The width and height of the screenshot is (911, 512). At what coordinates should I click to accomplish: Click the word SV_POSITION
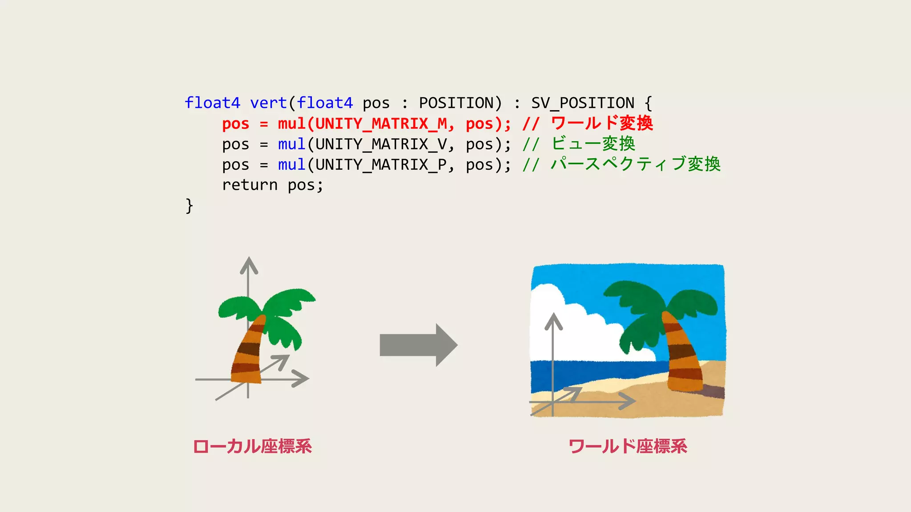click(583, 103)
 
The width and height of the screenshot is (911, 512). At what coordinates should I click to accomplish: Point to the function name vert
click(268, 103)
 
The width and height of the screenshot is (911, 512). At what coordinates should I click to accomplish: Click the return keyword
click(250, 185)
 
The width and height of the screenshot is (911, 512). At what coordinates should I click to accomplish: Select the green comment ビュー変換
click(593, 144)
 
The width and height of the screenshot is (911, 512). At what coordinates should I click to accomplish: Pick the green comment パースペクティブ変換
click(636, 164)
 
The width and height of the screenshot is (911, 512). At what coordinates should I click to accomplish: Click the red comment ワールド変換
click(602, 123)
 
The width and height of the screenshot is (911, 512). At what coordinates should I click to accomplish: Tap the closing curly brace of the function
click(189, 206)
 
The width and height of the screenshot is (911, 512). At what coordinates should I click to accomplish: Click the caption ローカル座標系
click(252, 446)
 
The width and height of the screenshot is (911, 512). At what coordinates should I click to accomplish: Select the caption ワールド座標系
click(628, 446)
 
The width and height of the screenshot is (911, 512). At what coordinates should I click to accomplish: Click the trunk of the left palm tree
click(248, 353)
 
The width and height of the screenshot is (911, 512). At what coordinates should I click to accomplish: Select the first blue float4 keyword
click(212, 103)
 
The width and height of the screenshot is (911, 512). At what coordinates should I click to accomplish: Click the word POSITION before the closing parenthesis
click(456, 103)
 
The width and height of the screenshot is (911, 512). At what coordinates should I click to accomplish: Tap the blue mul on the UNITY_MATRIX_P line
click(291, 165)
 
